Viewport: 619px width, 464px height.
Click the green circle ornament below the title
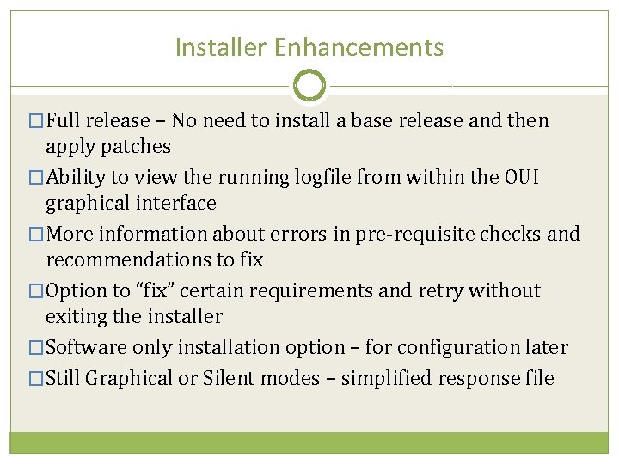(309, 85)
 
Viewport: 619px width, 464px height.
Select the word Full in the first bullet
(65, 120)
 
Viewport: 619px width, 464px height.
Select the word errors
(303, 234)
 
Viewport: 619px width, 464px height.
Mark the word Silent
(232, 378)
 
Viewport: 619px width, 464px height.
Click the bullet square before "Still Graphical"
(35, 379)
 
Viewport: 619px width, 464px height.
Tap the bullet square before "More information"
(35, 235)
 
